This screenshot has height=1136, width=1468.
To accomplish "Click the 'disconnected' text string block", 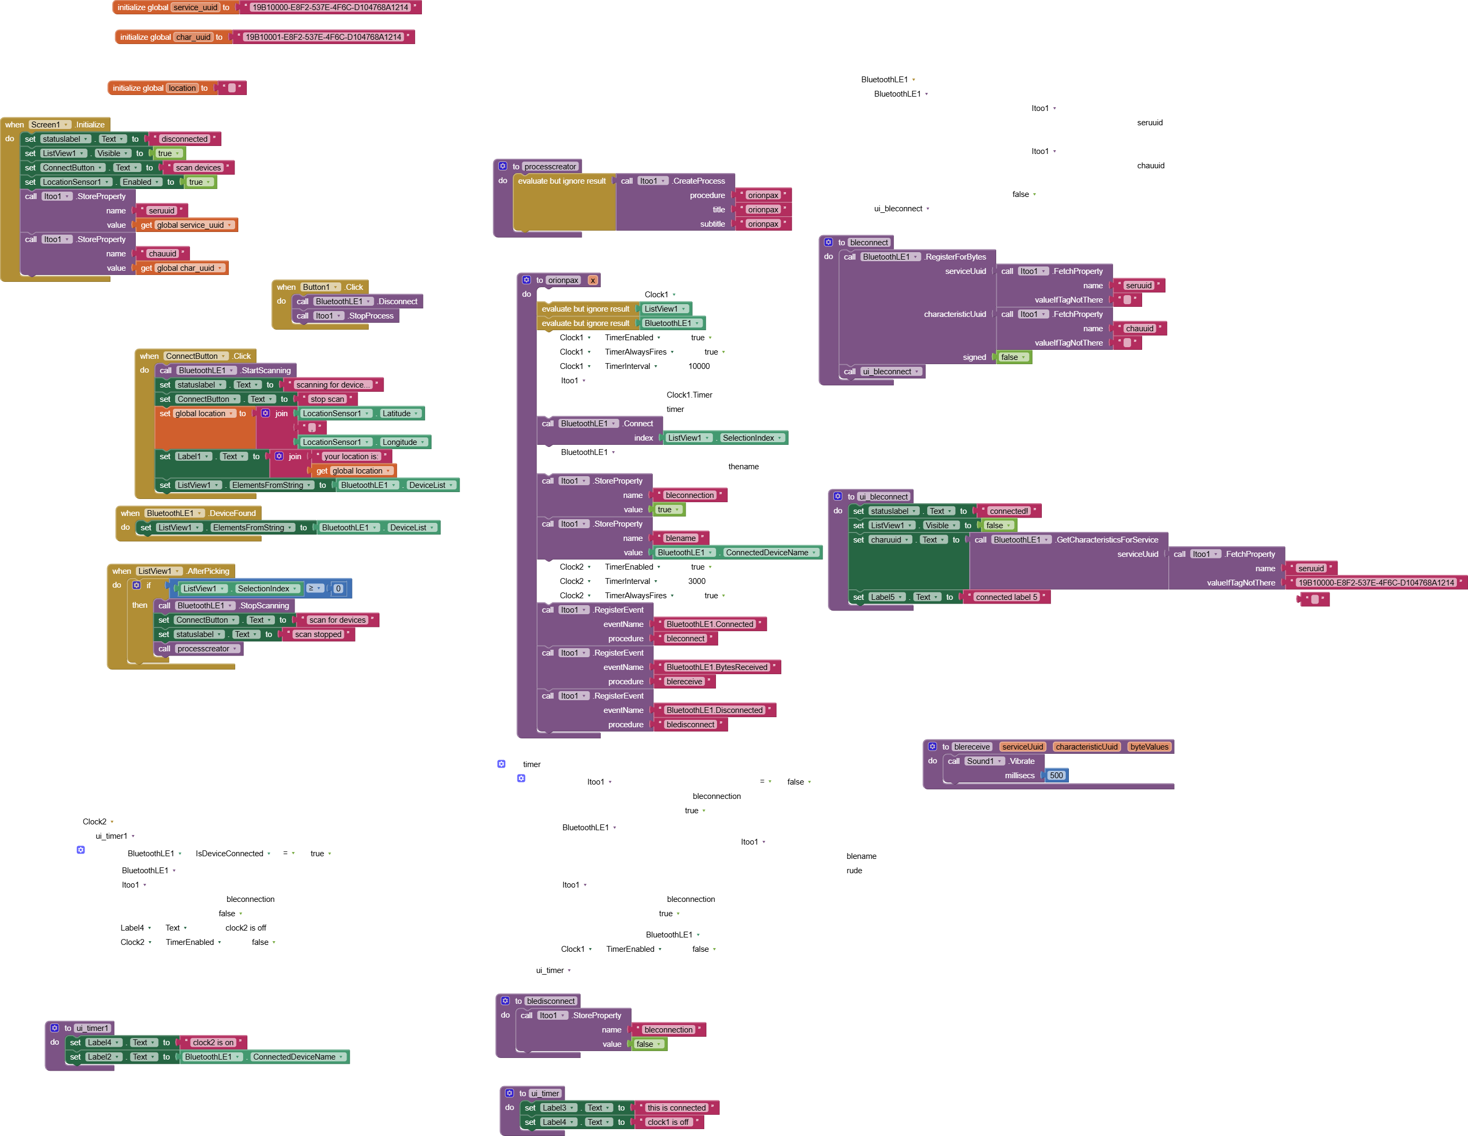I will pyautogui.click(x=184, y=139).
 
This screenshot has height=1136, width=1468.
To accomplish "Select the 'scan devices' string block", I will pyautogui.click(x=198, y=168).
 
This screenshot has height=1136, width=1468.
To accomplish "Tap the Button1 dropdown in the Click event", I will pyautogui.click(x=319, y=287).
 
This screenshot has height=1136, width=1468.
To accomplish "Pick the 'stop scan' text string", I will pyautogui.click(x=327, y=399).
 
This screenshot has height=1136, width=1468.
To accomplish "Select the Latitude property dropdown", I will pyautogui.click(x=400, y=414).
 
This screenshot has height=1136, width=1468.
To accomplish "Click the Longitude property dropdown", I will pyautogui.click(x=403, y=442).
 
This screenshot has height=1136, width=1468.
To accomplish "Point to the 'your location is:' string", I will pyautogui.click(x=351, y=457).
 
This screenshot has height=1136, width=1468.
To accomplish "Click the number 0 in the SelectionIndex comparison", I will pyautogui.click(x=338, y=589).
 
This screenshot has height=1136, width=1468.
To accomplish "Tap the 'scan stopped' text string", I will pyautogui.click(x=318, y=634).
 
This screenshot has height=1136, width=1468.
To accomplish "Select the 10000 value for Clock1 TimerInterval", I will pyautogui.click(x=699, y=366).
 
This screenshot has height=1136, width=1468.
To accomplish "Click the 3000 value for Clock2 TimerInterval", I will pyautogui.click(x=697, y=581).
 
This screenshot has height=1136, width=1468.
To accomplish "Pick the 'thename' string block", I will pyautogui.click(x=744, y=467).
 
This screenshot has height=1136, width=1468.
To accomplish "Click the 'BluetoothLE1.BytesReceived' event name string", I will pyautogui.click(x=716, y=667).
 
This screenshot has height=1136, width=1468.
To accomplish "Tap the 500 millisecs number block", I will pyautogui.click(x=1057, y=776).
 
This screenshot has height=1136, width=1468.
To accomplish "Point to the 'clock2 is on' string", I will pyautogui.click(x=213, y=1043).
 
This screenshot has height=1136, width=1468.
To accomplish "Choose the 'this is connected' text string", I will pyautogui.click(x=677, y=1108).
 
